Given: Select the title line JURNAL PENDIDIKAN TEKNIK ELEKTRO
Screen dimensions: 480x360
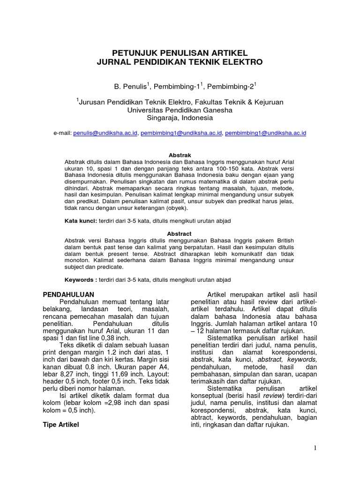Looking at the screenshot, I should tap(180, 62).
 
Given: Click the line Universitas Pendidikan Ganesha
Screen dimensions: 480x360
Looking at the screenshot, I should tap(180, 110).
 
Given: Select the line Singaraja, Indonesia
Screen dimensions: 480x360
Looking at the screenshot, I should tap(180, 118).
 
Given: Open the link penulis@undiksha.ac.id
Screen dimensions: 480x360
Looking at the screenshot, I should tap(105, 133).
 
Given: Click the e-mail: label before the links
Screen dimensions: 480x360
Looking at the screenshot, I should tap(62, 133).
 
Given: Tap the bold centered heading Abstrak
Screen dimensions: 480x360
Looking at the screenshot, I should tap(180, 155).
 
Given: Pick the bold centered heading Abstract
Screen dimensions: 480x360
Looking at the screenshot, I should tap(180, 233).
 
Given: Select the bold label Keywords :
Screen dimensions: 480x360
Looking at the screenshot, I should tap(81, 280).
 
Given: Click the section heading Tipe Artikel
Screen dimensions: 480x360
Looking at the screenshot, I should tap(61, 425).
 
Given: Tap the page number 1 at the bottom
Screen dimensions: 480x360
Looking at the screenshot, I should tap(315, 448).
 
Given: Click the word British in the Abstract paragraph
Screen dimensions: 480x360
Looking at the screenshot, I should tap(283, 240).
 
